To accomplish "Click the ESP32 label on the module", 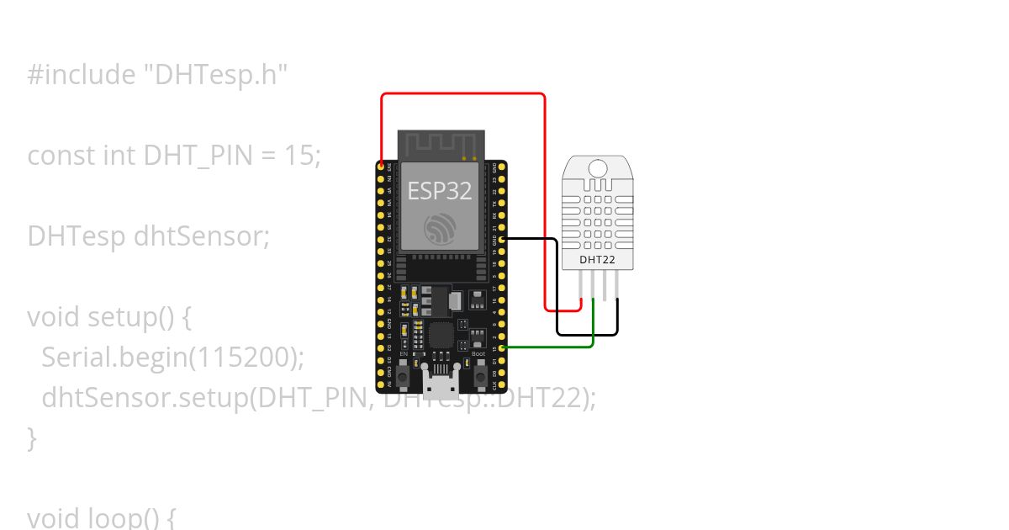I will (440, 190).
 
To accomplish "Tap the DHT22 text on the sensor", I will (597, 260).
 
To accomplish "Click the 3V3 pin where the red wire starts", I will (382, 165).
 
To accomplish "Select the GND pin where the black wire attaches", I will (502, 239).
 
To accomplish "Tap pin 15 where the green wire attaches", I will (502, 347).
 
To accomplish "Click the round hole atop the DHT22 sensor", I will (597, 167).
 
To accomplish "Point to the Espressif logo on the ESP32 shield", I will (441, 229).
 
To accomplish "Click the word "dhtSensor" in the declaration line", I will (201, 236).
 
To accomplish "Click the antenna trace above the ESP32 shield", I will (441, 144).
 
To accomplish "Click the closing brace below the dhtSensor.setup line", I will (32, 437).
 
